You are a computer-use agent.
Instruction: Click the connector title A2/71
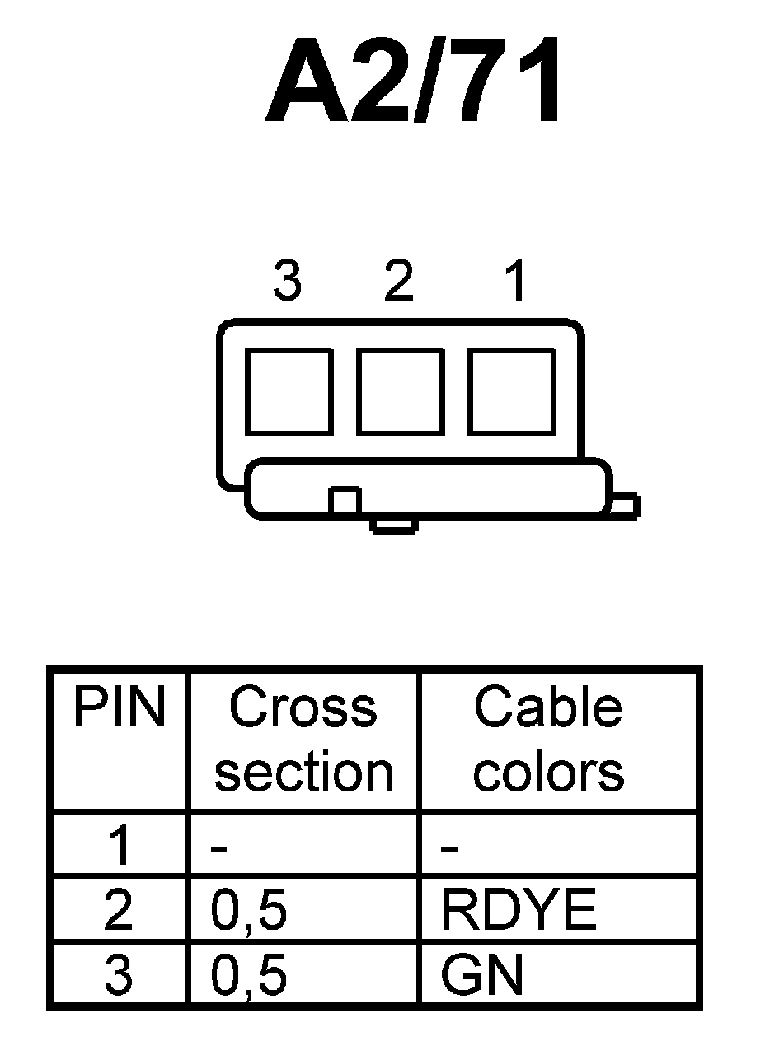click(x=415, y=81)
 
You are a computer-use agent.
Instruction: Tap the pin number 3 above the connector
click(x=287, y=282)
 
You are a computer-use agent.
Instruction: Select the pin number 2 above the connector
click(x=398, y=282)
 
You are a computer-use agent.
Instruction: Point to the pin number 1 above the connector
click(x=515, y=282)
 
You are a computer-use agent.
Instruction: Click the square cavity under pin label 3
click(x=289, y=391)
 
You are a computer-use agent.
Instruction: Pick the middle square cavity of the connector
click(x=400, y=391)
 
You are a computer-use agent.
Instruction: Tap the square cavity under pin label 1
click(x=511, y=391)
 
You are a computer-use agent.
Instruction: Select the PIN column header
click(x=119, y=708)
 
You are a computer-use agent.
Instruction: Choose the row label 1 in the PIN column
click(x=119, y=846)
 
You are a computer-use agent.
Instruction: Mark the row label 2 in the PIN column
click(x=119, y=911)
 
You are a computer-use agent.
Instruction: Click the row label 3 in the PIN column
click(x=119, y=976)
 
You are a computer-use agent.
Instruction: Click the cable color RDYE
click(x=518, y=911)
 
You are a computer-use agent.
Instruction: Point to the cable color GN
click(x=482, y=976)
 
